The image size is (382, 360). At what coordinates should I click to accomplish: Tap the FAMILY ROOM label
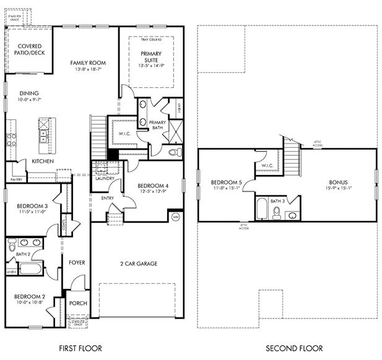(88, 63)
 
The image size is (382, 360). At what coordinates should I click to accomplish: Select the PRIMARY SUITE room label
(150, 57)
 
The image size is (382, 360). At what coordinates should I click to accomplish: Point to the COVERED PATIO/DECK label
(30, 50)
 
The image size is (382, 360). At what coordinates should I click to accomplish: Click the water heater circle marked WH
(175, 217)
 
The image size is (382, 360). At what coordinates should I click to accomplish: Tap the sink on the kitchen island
(45, 134)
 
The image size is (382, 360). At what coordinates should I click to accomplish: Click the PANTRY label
(16, 180)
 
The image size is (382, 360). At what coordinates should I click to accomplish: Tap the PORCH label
(77, 303)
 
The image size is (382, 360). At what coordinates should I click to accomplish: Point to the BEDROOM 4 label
(152, 186)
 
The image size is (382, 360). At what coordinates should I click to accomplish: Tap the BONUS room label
(338, 182)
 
